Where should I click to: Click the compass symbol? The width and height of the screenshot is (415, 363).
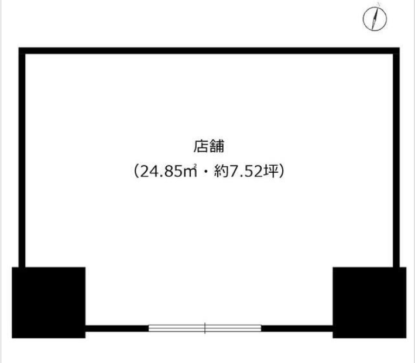[375, 19]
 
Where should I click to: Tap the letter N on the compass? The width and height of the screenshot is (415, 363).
[379, 4]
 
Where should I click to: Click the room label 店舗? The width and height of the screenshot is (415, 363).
[209, 146]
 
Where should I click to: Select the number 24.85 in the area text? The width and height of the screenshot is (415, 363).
[160, 172]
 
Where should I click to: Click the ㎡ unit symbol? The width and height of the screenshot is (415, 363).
[190, 171]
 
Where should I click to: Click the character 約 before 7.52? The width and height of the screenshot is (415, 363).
[221, 171]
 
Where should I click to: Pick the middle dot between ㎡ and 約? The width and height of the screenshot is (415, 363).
[205, 172]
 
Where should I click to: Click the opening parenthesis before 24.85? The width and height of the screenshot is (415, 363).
[136, 172]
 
